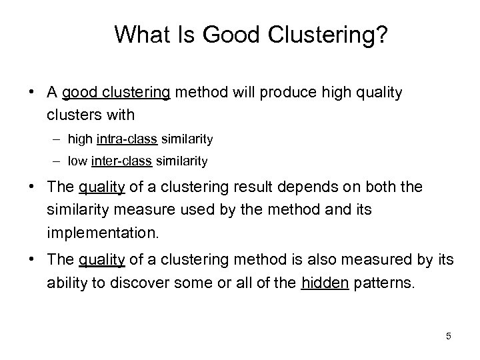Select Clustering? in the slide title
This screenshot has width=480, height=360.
[321, 35]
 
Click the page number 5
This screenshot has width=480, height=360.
[449, 336]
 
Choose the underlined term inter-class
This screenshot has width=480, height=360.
[123, 161]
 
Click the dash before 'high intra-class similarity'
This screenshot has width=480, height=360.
[57, 139]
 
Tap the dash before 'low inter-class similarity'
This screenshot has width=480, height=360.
[57, 161]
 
